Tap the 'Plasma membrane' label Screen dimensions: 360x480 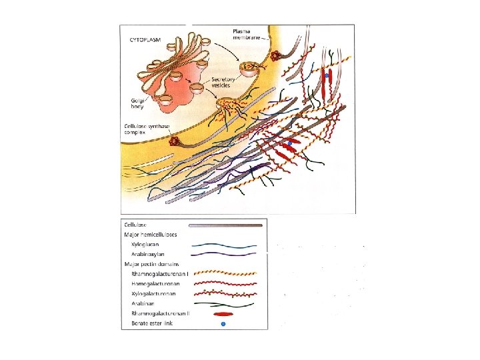248,35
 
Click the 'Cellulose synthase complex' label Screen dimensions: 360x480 145,129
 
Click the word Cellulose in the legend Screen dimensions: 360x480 135,225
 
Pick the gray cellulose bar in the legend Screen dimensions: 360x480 225,225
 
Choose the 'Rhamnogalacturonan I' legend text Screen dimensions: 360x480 160,273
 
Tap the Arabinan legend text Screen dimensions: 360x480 143,303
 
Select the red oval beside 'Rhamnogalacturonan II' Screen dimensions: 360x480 223,313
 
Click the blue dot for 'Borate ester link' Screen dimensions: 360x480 223,325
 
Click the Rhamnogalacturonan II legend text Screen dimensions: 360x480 161,313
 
